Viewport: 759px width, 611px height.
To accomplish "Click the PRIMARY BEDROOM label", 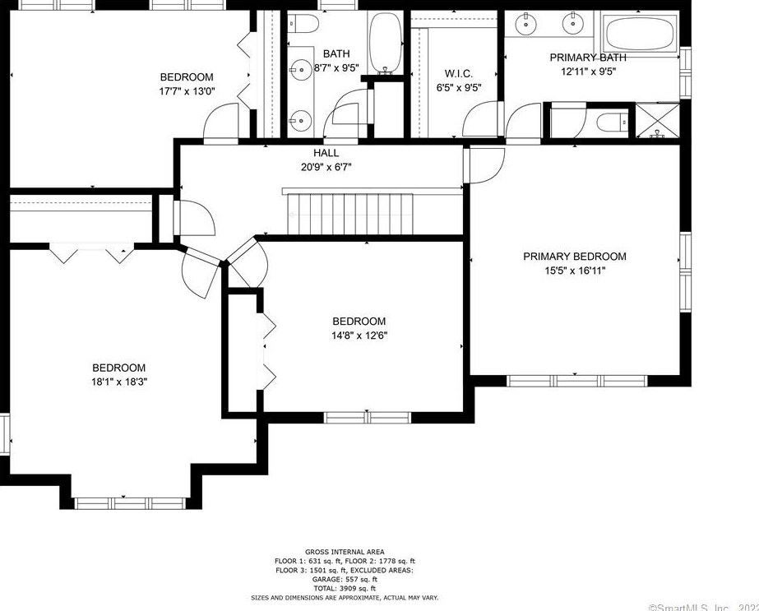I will pyautogui.click(x=574, y=257).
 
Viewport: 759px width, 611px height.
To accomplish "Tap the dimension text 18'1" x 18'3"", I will pyautogui.click(x=118, y=382).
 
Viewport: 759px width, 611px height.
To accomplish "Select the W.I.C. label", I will pyautogui.click(x=457, y=74).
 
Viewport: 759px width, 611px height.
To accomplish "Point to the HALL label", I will pyautogui.click(x=326, y=153).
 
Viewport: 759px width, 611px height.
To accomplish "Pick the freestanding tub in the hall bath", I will pyautogui.click(x=384, y=42).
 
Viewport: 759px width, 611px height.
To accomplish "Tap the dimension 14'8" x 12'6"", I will pyautogui.click(x=359, y=335).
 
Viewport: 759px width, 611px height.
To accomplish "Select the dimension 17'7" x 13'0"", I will pyautogui.click(x=187, y=91).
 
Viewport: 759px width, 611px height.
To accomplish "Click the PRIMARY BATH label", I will pyautogui.click(x=587, y=58).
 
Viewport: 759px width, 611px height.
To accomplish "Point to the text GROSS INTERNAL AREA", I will pyautogui.click(x=345, y=552).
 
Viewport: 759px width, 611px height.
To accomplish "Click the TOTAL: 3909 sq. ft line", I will pyautogui.click(x=345, y=588).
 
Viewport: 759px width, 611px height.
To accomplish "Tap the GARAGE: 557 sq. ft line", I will pyautogui.click(x=345, y=579).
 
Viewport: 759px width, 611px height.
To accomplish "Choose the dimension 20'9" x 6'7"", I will pyautogui.click(x=326, y=167).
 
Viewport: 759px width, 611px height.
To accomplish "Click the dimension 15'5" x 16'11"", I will pyautogui.click(x=574, y=271).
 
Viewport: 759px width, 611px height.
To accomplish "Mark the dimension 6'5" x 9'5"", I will pyautogui.click(x=457, y=88).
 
